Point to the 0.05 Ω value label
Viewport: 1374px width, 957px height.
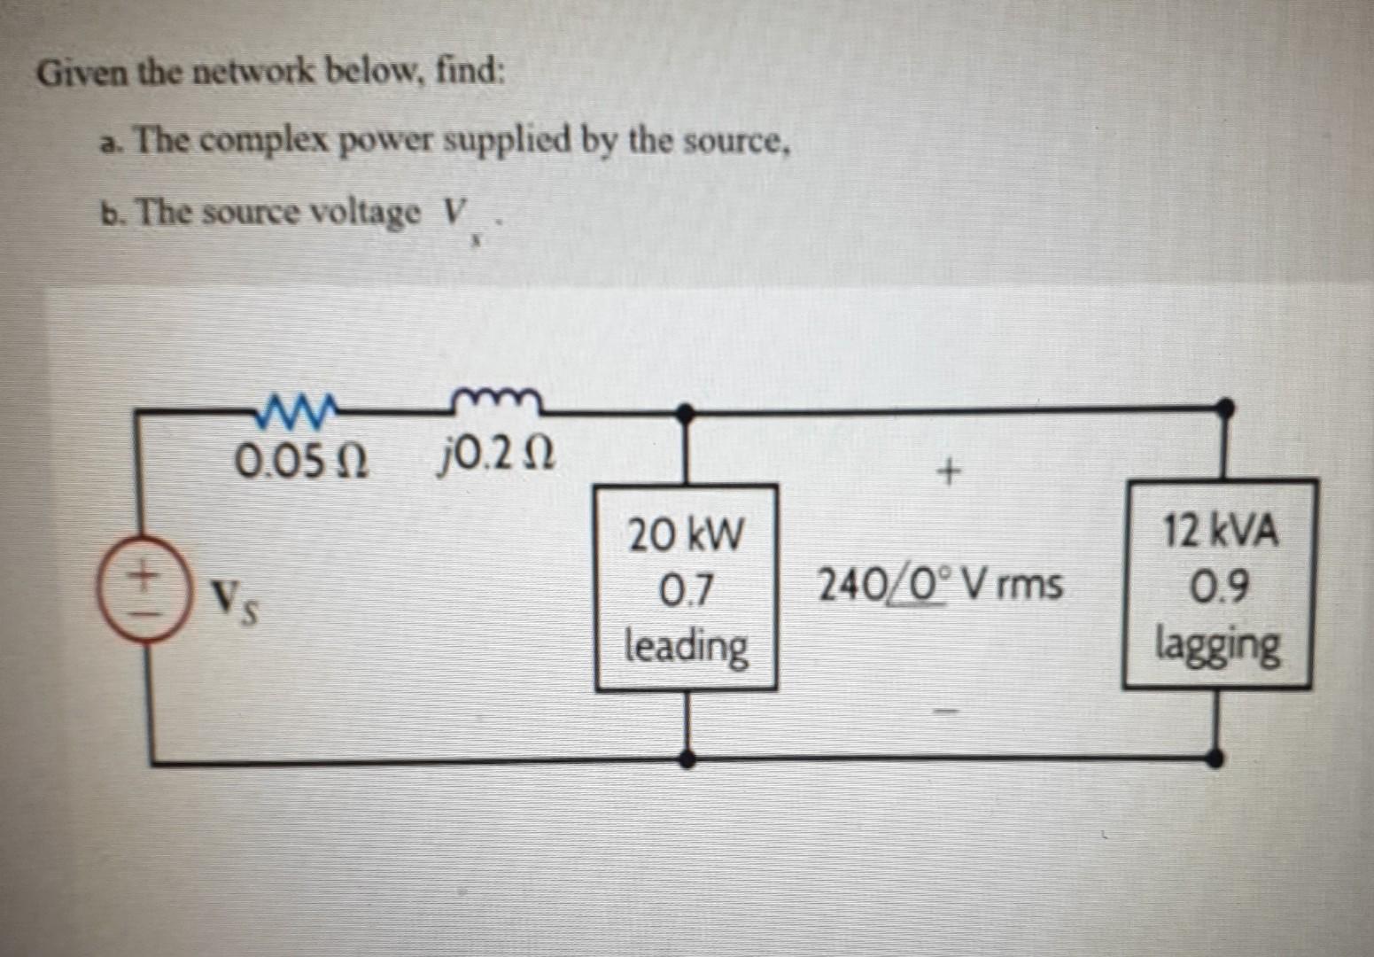pos(300,460)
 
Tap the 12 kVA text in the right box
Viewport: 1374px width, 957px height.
pos(1220,533)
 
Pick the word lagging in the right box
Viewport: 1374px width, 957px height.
pos(1218,644)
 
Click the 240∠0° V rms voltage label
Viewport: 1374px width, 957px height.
pos(939,585)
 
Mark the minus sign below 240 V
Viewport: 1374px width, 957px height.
pos(947,711)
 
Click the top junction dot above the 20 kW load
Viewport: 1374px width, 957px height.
pos(685,411)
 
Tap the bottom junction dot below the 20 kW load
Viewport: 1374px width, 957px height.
pos(687,759)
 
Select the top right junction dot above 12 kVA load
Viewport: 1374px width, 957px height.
pos(1224,407)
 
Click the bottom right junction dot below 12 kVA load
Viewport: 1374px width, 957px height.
pos(1217,758)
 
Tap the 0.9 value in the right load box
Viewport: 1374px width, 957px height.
pos(1220,586)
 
